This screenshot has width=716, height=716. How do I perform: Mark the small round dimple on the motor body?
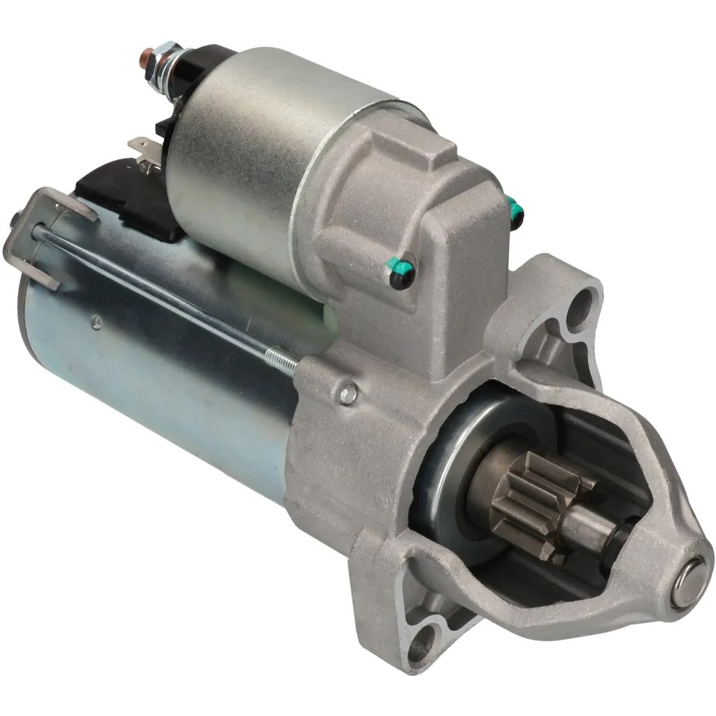click(96, 322)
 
